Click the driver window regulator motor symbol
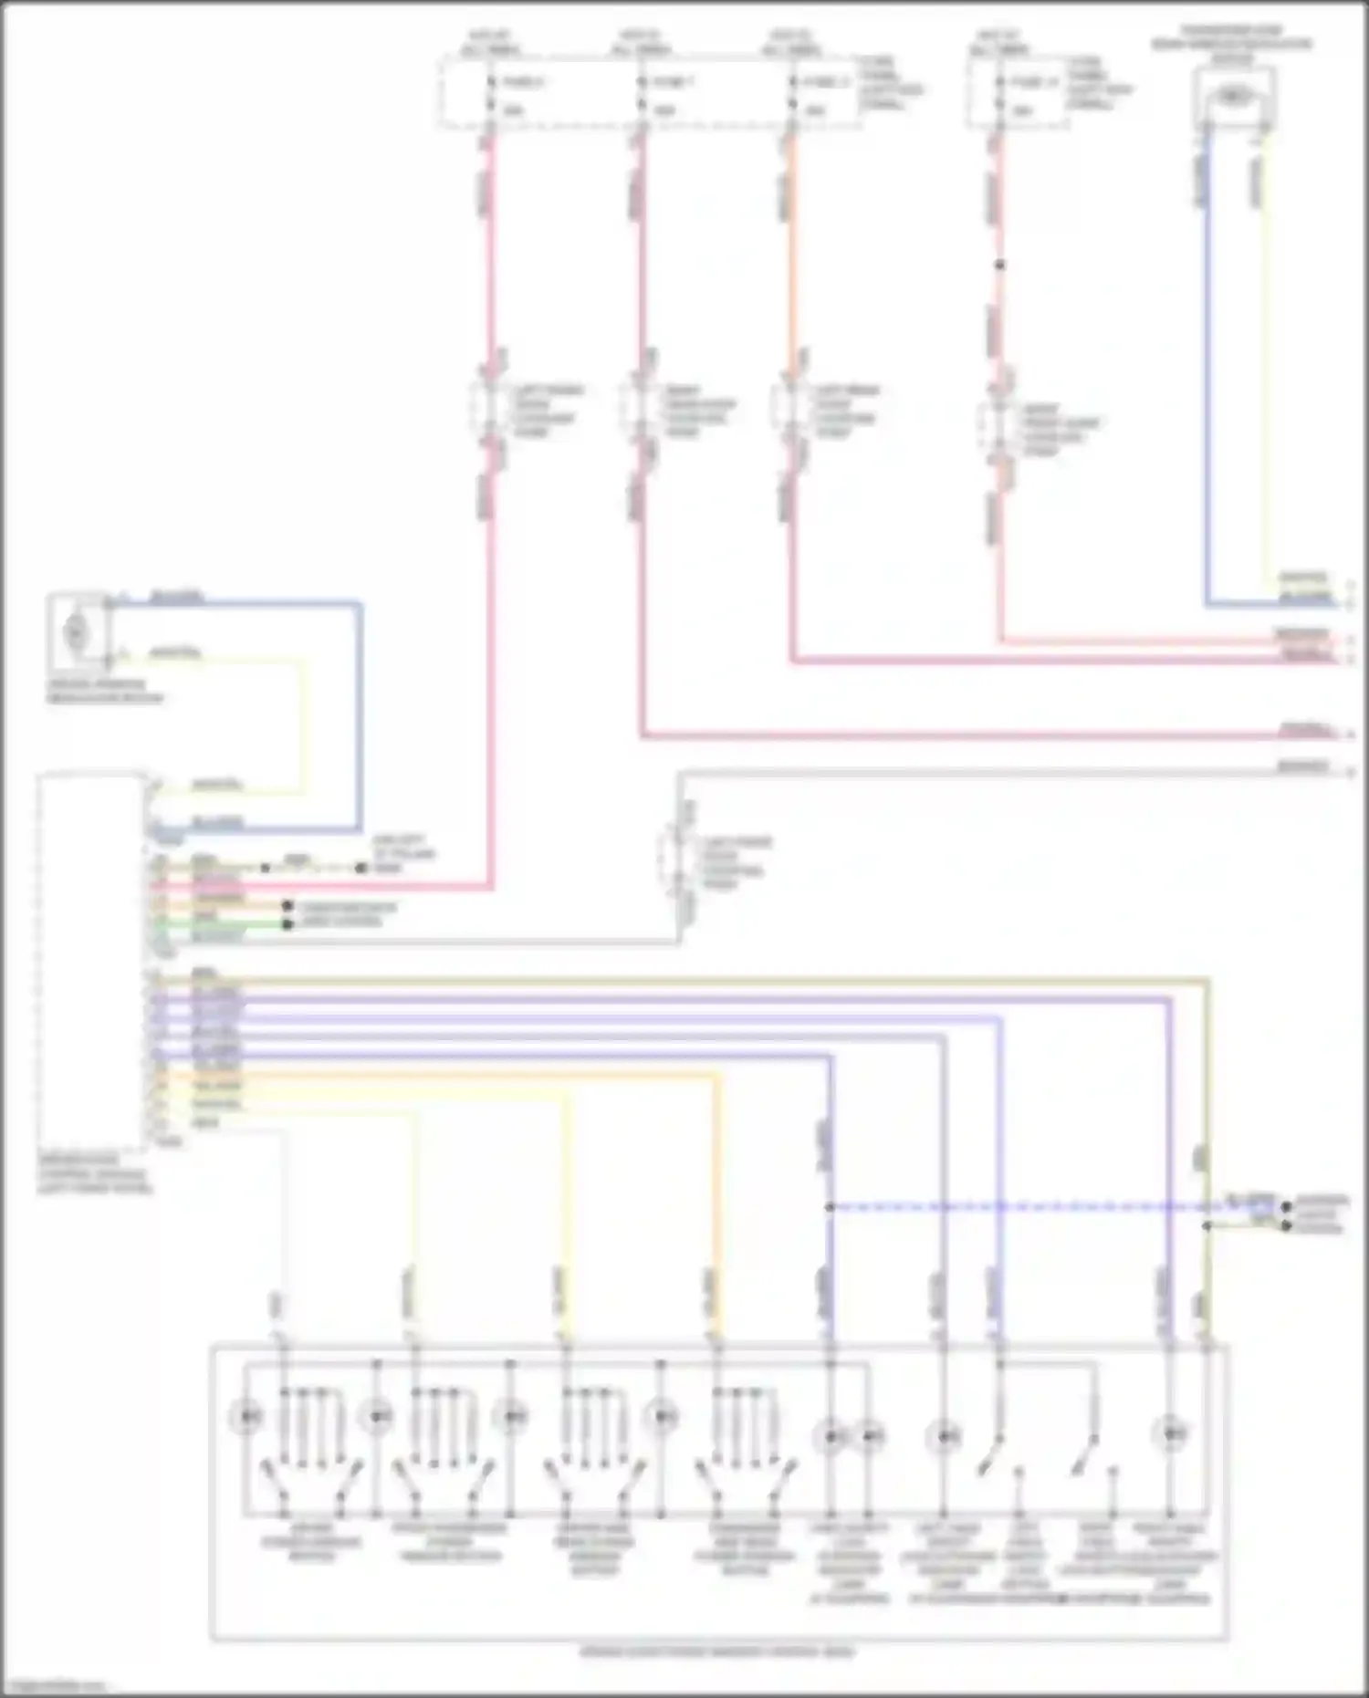pyautogui.click(x=78, y=630)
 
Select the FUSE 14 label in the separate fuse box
pyautogui.click(x=1034, y=83)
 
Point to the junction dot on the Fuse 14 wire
pyautogui.click(x=1000, y=266)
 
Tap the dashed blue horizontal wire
pyautogui.click(x=1004, y=1207)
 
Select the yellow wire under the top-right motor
pyautogui.click(x=1266, y=365)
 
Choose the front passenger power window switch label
pyautogui.click(x=450, y=1543)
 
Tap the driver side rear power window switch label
pyautogui.click(x=594, y=1549)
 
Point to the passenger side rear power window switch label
pyautogui.click(x=745, y=1549)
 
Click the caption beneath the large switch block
pyautogui.click(x=718, y=1652)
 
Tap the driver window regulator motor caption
pyautogui.click(x=105, y=691)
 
